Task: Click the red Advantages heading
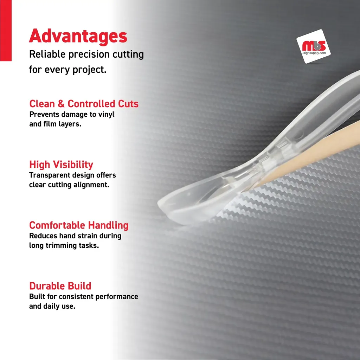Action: pyautogui.click(x=78, y=36)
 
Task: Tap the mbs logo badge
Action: pyautogui.click(x=314, y=46)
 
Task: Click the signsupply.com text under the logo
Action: pyautogui.click(x=314, y=53)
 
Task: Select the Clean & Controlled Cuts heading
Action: pyautogui.click(x=84, y=104)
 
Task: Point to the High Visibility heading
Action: pyautogui.click(x=61, y=165)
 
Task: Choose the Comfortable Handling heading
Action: pyautogui.click(x=79, y=225)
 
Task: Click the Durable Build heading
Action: pyautogui.click(x=60, y=286)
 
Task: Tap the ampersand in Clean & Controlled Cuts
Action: pyautogui.click(x=61, y=104)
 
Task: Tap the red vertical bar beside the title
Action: pyautogui.click(x=6, y=31)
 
